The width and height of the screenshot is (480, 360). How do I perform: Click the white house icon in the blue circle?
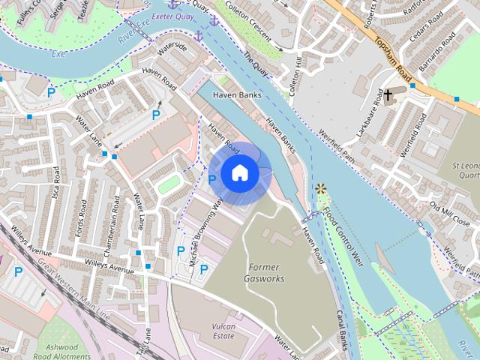239,172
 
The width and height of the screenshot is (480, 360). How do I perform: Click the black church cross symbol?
388,95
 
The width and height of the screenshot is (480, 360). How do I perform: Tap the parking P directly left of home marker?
211,179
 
